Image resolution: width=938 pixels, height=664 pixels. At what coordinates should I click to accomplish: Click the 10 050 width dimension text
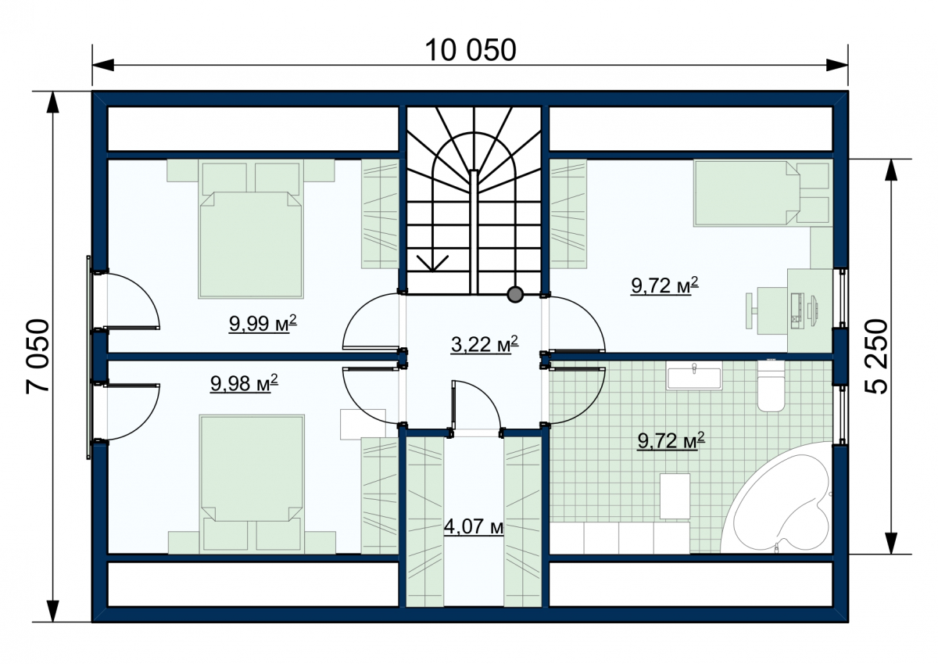click(471, 51)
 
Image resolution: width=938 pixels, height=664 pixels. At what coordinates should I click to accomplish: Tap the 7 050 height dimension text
click(38, 357)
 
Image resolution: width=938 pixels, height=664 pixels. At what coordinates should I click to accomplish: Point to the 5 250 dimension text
click(875, 357)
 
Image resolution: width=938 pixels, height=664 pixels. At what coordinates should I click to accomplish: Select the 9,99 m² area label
click(263, 324)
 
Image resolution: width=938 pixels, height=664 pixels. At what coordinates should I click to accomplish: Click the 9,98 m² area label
click(244, 383)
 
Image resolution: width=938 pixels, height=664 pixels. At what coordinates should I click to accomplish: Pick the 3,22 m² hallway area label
click(485, 344)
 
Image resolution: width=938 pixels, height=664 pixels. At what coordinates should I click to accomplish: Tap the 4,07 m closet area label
click(474, 526)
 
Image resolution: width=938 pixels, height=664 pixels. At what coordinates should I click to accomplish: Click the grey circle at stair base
click(515, 295)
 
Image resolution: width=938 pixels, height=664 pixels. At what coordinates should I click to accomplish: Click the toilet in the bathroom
click(771, 386)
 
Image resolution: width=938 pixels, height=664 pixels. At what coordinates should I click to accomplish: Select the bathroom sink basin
click(694, 379)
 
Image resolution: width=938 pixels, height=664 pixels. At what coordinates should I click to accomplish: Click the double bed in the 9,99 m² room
click(251, 231)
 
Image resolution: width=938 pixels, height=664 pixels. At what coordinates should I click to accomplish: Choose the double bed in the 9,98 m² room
click(252, 484)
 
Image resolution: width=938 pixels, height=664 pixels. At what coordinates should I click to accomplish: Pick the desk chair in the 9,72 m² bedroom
click(752, 310)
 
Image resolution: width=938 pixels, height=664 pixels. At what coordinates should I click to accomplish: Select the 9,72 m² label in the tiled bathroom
click(671, 441)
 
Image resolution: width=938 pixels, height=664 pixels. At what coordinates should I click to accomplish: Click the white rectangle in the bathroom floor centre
click(675, 496)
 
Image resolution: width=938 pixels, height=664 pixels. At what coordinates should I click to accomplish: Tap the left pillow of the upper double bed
click(224, 178)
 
